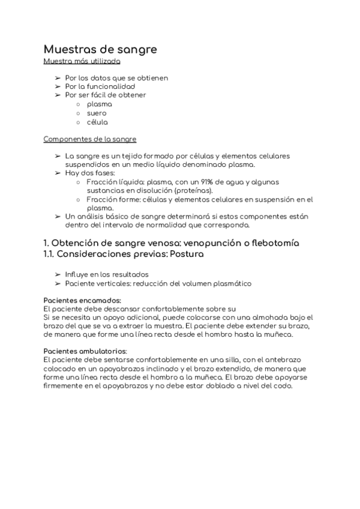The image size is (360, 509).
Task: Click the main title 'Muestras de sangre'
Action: [100, 49]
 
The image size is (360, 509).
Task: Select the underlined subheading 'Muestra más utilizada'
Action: [82, 61]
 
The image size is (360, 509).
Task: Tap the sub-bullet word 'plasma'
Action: [99, 104]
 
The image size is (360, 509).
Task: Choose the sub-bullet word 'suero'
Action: [97, 113]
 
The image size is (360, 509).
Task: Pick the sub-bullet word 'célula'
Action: [97, 122]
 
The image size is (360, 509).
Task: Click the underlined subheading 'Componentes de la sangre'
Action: [90, 139]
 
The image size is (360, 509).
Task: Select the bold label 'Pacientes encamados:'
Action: [83, 300]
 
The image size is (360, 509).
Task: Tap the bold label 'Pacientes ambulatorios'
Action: [85, 351]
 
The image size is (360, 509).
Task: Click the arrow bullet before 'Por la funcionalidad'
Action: [58, 86]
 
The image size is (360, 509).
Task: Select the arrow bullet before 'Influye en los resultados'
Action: [58, 274]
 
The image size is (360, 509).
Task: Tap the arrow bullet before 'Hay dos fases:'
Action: [58, 173]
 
